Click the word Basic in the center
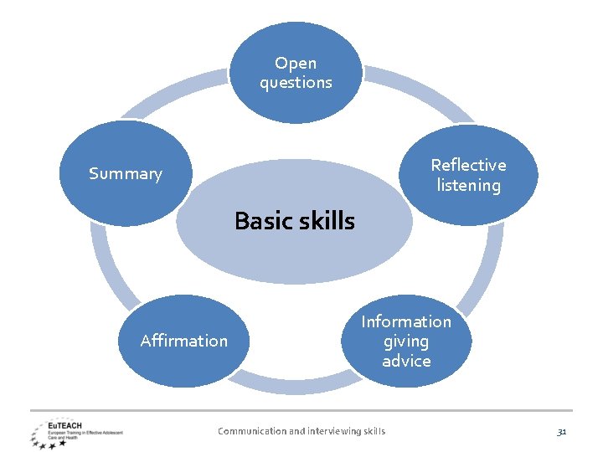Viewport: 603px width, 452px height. pos(261,221)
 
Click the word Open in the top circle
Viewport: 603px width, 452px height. pos(296,63)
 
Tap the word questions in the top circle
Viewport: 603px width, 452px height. pos(296,82)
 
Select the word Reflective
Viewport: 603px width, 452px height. pos(468,165)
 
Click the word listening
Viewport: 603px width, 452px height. pos(468,185)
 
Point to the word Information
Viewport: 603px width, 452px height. pos(406,321)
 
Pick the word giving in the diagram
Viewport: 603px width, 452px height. pos(406,342)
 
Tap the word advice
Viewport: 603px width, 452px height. pos(406,361)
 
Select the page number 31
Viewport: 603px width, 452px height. pos(562,431)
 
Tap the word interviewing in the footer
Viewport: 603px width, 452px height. pos(332,431)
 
